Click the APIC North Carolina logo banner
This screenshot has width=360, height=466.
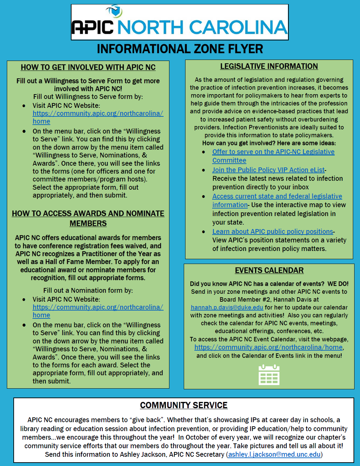[x=180, y=23]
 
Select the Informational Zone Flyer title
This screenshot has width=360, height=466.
[x=180, y=49]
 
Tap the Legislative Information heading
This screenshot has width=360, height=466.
[x=269, y=66]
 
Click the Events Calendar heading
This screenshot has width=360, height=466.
[x=269, y=270]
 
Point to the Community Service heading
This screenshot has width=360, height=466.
[x=184, y=405]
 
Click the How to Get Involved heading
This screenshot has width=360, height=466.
[x=88, y=67]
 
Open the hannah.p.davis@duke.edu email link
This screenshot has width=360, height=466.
[x=227, y=307]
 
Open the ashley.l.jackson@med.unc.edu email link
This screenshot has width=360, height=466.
[x=274, y=454]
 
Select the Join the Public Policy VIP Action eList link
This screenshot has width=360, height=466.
[x=268, y=170]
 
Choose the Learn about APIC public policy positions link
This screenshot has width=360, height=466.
[x=273, y=231]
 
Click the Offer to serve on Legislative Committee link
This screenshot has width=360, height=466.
[x=273, y=152]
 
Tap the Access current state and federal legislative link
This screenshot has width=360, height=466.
[x=277, y=196]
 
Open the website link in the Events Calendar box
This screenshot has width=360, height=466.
[x=269, y=347]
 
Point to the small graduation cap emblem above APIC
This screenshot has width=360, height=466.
[x=114, y=11]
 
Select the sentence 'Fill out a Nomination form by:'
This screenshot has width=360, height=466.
[x=88, y=290]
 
